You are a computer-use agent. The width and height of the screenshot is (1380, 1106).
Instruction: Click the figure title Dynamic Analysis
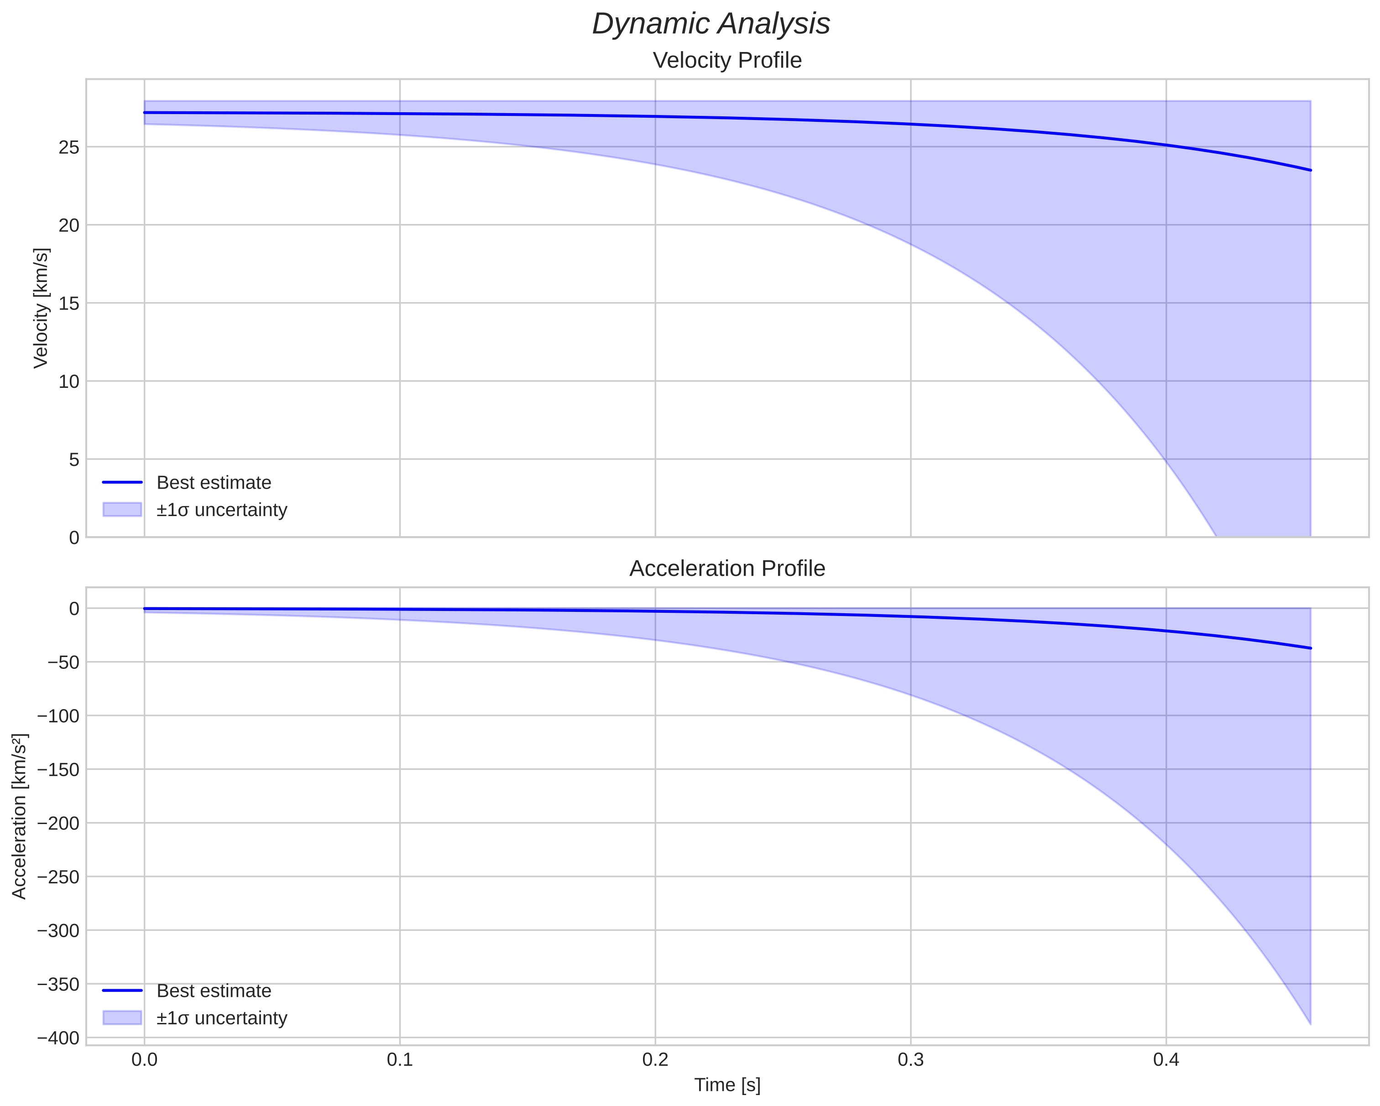[711, 24]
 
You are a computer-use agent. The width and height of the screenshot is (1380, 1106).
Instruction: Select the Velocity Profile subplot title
[727, 61]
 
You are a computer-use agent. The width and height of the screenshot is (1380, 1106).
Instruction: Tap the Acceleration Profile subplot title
[727, 569]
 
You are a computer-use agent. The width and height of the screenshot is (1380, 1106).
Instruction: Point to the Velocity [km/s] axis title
[41, 308]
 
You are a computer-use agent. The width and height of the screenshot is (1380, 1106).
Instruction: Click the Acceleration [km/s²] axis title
[20, 816]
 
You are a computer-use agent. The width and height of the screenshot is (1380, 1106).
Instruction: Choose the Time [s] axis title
[727, 1084]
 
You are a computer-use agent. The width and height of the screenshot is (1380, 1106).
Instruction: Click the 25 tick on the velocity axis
[69, 147]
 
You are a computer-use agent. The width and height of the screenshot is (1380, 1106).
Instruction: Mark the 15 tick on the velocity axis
[69, 303]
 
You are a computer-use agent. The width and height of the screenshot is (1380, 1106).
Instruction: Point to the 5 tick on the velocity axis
[74, 459]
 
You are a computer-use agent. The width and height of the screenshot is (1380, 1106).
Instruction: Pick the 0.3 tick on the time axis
[910, 1060]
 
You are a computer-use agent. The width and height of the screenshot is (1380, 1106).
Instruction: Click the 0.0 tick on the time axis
[145, 1060]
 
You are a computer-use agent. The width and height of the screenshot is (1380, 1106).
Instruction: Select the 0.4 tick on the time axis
[1166, 1060]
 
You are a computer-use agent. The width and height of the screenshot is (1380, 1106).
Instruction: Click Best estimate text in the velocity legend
[214, 483]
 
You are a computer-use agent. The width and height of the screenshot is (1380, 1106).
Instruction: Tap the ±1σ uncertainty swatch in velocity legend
[121, 510]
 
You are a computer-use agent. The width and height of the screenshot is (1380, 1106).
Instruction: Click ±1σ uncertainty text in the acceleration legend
[221, 1017]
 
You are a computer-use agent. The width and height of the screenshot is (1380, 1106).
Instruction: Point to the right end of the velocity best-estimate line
[1310, 170]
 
